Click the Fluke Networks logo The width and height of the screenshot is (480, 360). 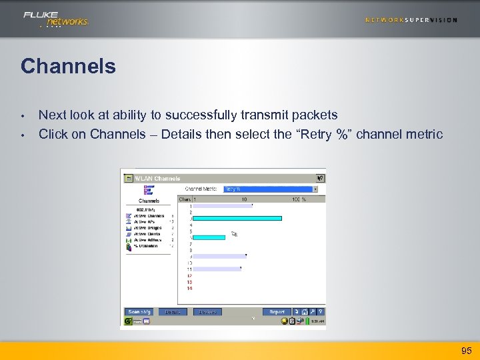pyautogui.click(x=56, y=19)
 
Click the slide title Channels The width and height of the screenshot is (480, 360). pyautogui.click(x=68, y=67)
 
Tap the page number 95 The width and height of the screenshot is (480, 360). pyautogui.click(x=466, y=351)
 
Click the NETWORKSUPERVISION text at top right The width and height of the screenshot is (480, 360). pyautogui.click(x=411, y=20)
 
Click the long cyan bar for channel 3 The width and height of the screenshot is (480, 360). pyautogui.click(x=237, y=218)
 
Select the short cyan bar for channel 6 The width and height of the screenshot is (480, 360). pyautogui.click(x=209, y=237)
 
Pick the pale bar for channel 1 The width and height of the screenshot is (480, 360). pyautogui.click(x=221, y=206)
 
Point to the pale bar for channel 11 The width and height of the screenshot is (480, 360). pyautogui.click(x=216, y=269)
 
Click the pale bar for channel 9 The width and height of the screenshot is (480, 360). pyautogui.click(x=219, y=256)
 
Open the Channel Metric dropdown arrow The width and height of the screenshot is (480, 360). pyautogui.click(x=315, y=189)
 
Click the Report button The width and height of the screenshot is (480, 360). pyautogui.click(x=277, y=312)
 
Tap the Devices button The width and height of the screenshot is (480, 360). pyautogui.click(x=207, y=312)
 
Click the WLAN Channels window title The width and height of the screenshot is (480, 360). pyautogui.click(x=157, y=179)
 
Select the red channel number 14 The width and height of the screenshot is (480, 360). pyautogui.click(x=189, y=288)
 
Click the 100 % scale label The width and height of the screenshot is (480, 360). pyautogui.click(x=298, y=199)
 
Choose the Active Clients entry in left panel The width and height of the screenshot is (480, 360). pyautogui.click(x=147, y=234)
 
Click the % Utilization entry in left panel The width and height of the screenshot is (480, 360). pyautogui.click(x=147, y=246)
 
